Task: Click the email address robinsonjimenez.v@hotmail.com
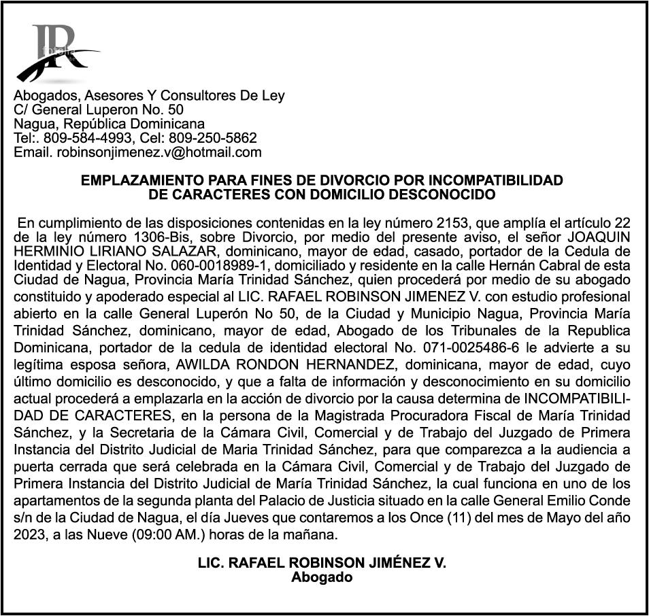coord(159,153)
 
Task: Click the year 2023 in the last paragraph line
coord(30,534)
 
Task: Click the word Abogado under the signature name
coord(322,578)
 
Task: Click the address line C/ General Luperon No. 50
coord(99,110)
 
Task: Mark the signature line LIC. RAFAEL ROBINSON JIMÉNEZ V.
coord(322,564)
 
